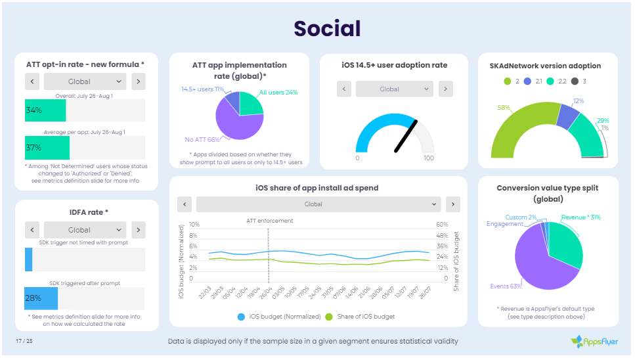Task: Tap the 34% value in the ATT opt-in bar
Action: (33, 110)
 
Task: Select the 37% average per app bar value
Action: (33, 148)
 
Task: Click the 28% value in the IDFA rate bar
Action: (33, 298)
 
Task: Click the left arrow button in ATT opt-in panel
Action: (32, 81)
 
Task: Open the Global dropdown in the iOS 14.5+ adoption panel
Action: (393, 89)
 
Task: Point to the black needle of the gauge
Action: (406, 135)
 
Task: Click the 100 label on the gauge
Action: (429, 158)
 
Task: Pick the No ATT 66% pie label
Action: (202, 139)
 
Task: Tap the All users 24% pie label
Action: (278, 93)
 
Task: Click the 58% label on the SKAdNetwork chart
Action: (504, 107)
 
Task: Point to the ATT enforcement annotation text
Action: (269, 221)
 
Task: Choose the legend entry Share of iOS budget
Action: (360, 317)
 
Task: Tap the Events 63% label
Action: (506, 286)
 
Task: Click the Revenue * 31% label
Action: (580, 217)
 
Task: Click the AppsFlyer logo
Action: (594, 341)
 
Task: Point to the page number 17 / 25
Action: (24, 340)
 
